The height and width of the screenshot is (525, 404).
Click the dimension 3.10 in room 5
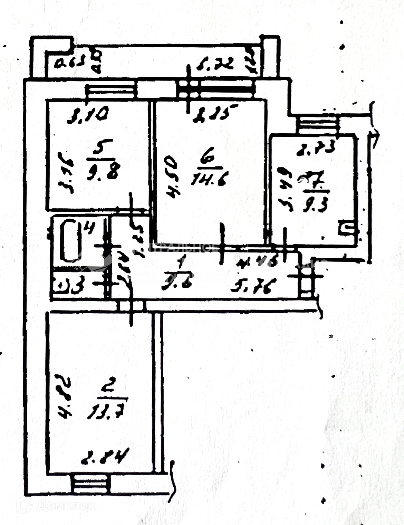click(x=88, y=114)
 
